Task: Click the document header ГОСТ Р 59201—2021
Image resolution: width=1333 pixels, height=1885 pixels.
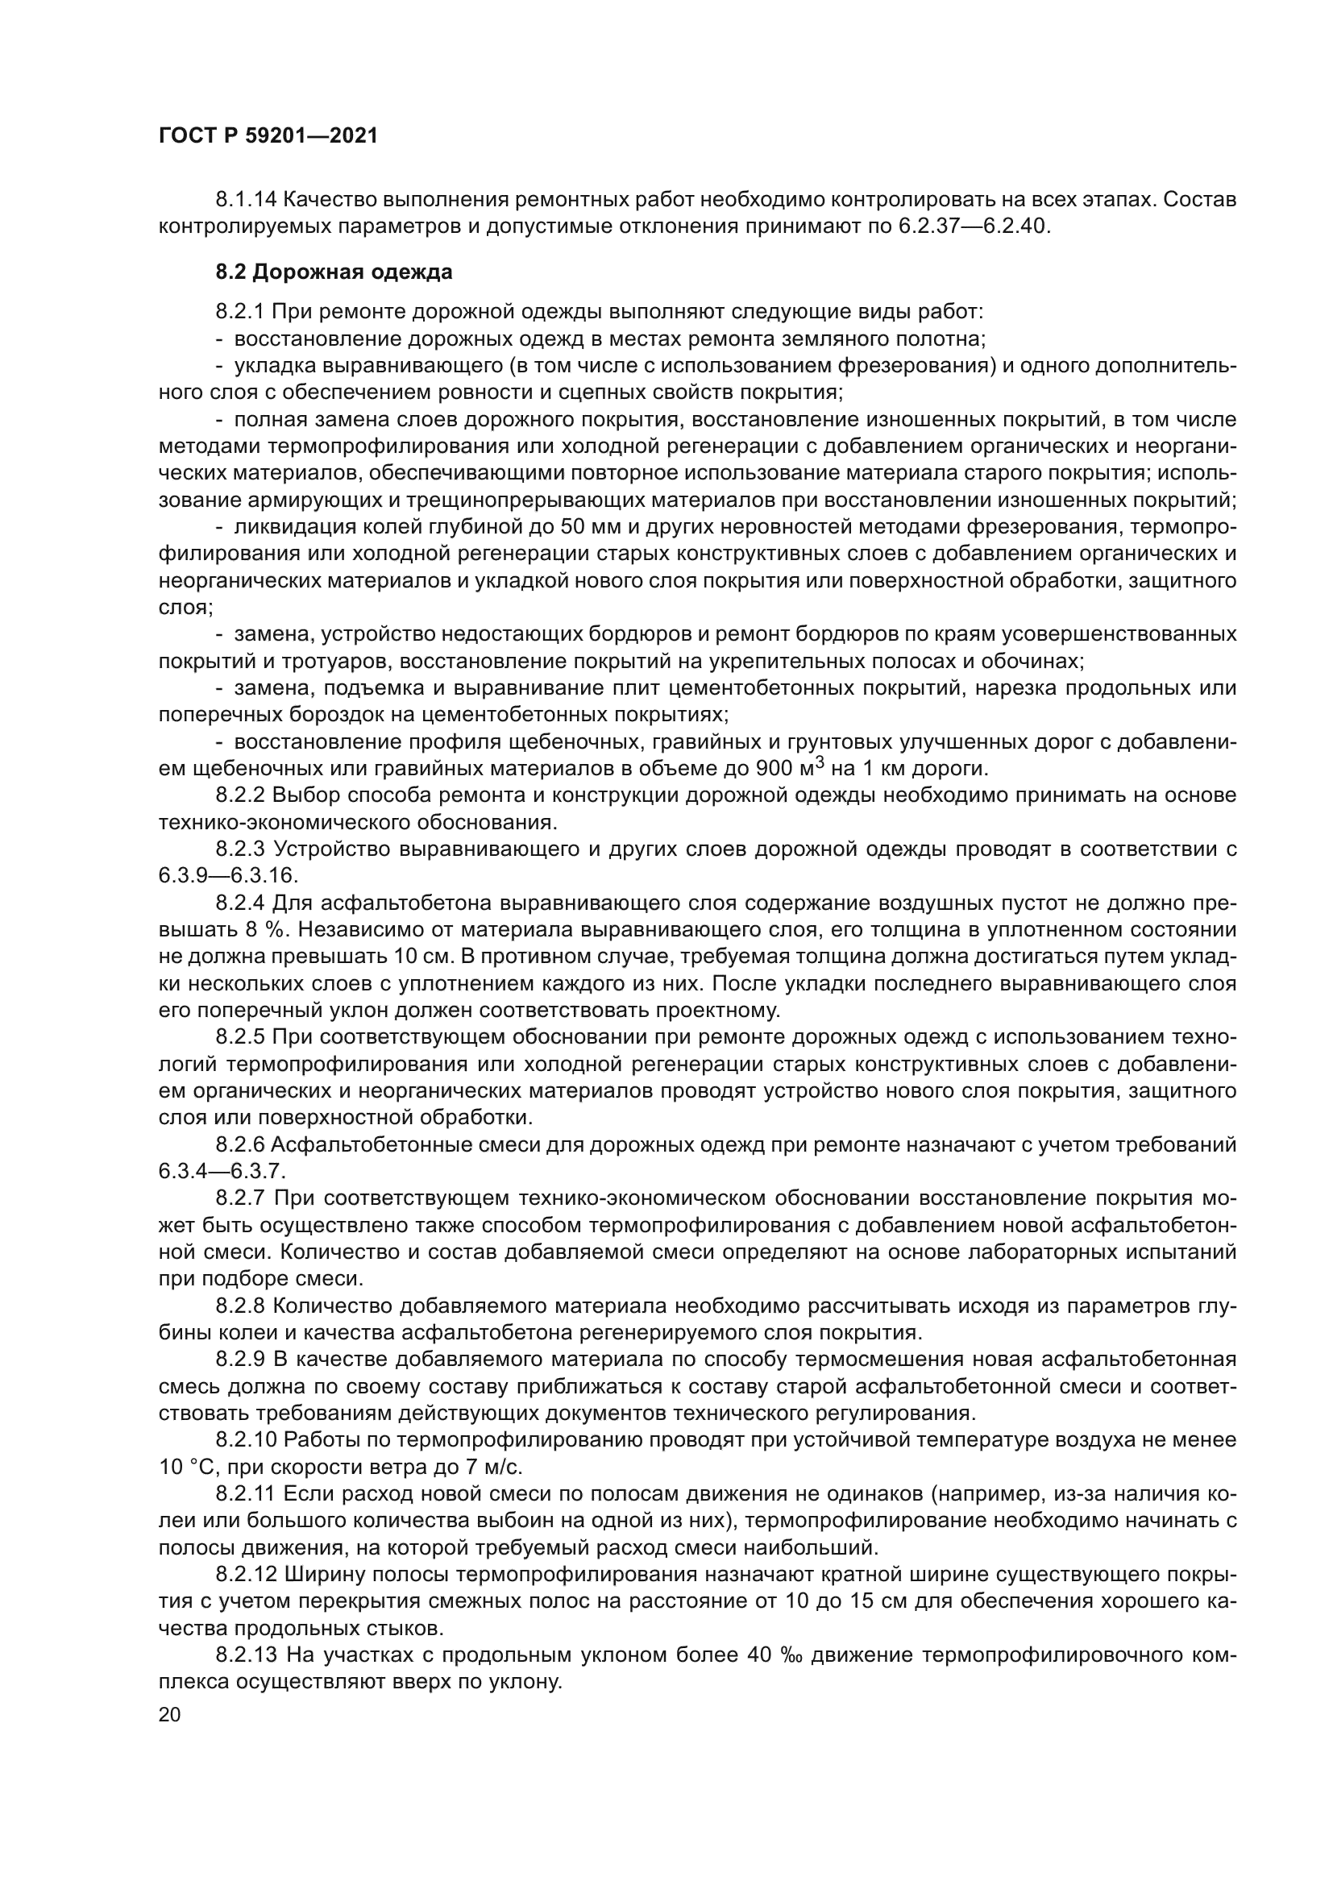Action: coord(268,136)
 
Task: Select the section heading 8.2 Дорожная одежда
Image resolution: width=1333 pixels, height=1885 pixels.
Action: coord(334,272)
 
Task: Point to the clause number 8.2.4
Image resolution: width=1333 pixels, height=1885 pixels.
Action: coord(239,904)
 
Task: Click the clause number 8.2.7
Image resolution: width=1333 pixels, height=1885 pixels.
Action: coord(239,1198)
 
